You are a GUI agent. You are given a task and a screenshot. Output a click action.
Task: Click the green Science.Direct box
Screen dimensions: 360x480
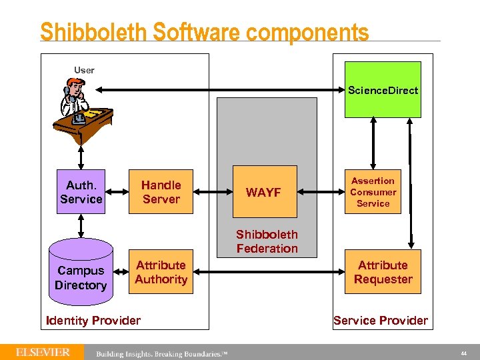(x=383, y=89)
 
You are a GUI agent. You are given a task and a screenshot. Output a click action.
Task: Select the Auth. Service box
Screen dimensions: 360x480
(x=81, y=192)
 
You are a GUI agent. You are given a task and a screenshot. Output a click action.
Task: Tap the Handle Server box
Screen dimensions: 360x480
(x=161, y=192)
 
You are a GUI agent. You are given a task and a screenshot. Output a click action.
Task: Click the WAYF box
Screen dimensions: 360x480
(x=263, y=192)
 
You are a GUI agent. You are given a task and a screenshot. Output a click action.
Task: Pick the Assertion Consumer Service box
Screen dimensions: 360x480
(x=373, y=192)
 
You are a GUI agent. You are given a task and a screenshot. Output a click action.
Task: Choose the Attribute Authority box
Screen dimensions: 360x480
(x=161, y=272)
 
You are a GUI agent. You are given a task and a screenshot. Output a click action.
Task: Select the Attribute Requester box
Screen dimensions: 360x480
(x=383, y=272)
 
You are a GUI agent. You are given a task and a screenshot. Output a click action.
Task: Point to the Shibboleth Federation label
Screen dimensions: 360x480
(x=267, y=241)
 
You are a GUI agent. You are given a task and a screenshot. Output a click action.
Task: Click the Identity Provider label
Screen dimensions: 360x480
(x=93, y=321)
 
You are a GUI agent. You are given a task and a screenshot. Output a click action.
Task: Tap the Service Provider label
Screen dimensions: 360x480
(x=380, y=321)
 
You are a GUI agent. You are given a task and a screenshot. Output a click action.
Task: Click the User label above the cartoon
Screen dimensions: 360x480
(x=84, y=70)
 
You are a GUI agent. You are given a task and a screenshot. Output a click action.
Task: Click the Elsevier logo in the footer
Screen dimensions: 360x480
(x=43, y=351)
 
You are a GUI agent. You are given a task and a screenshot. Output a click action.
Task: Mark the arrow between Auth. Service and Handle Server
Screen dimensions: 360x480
(x=117, y=193)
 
